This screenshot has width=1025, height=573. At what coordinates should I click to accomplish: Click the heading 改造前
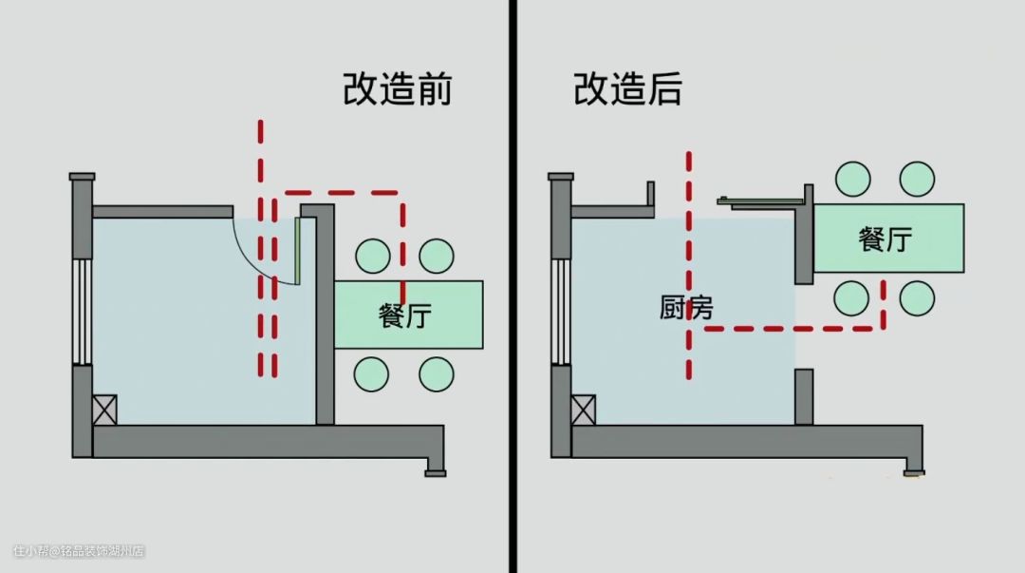397,89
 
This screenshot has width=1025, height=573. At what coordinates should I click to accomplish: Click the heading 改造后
627,89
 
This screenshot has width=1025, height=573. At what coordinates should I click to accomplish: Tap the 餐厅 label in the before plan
405,315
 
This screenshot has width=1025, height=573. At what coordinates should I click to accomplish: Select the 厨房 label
686,308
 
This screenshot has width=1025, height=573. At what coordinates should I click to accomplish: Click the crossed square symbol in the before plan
103,410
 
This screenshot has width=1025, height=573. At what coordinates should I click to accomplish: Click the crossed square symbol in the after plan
584,410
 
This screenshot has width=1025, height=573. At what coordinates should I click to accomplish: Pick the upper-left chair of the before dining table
372,256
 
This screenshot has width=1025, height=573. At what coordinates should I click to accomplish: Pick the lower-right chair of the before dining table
437,373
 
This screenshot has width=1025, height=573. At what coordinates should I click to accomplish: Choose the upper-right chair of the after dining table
917,179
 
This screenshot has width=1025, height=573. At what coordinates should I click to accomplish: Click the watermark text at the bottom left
79,551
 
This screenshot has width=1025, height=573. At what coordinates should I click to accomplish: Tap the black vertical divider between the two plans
512,285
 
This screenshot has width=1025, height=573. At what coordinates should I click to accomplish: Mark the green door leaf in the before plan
297,252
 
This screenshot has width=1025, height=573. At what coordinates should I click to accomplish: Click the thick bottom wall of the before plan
266,441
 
